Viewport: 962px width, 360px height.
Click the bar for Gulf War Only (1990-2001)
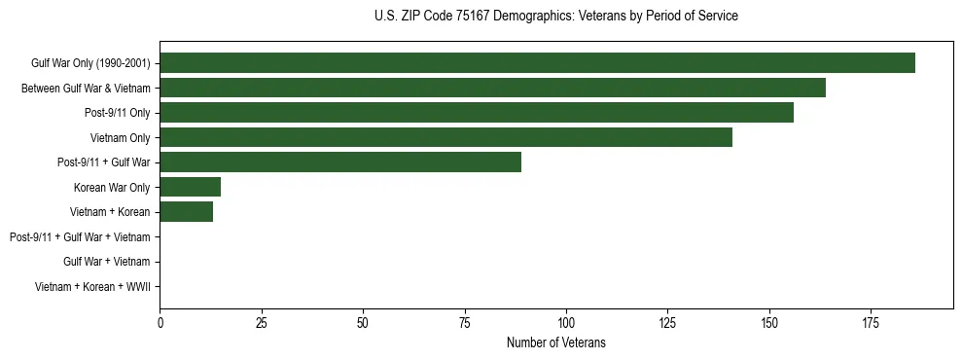coord(537,63)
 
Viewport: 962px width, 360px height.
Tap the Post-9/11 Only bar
coord(477,113)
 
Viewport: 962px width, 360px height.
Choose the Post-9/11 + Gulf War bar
coord(340,162)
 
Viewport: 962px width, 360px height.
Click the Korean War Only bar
coord(191,187)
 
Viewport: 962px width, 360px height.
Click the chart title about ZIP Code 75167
coord(555,17)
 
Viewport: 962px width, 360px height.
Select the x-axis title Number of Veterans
coord(555,342)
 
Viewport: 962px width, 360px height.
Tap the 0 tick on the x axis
coord(160,322)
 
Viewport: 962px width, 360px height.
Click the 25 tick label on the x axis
coord(262,322)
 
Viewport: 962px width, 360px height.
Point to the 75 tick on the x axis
coord(465,322)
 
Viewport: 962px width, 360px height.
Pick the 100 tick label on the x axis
coord(566,322)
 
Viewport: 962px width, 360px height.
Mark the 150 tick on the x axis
coord(769,322)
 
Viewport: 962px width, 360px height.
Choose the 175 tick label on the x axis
coord(871,322)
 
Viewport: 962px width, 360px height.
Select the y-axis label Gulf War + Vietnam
coord(106,262)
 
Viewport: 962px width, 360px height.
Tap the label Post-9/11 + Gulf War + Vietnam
coord(80,237)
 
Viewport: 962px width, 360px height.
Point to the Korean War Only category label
coord(112,188)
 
